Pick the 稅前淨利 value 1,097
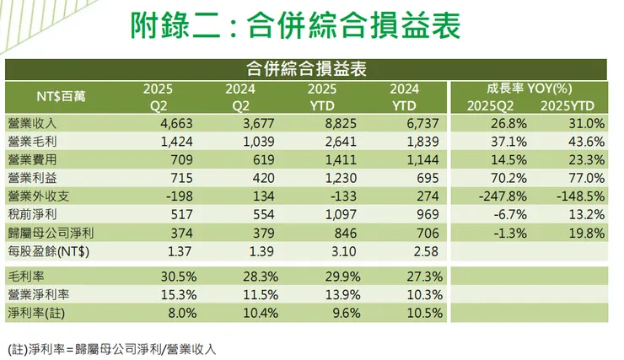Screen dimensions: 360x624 pos(341,215)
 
